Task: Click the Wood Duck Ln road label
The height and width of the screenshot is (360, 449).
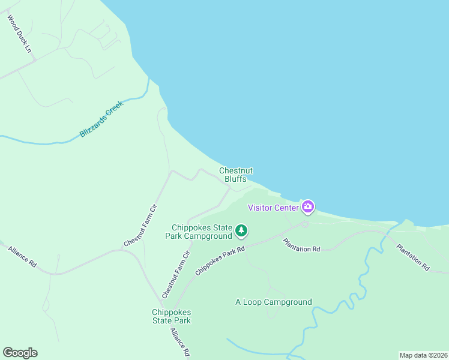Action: point(19,34)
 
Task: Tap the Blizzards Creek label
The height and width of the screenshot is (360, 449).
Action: point(101,119)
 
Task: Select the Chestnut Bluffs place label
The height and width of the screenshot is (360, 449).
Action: point(235,175)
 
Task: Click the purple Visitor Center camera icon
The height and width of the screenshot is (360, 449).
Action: point(308,207)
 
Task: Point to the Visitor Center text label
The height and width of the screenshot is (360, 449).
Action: point(274,208)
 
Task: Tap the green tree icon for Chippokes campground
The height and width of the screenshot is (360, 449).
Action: point(241,230)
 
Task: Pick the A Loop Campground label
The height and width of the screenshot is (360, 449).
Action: point(273,302)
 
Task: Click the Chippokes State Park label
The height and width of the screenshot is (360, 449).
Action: point(171,316)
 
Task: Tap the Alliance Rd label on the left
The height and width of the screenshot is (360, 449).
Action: point(23,257)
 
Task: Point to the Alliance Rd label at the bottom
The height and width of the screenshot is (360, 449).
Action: point(180,342)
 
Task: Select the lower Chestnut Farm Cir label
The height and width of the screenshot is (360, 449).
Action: point(176,275)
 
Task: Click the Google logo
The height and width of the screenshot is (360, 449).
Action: point(20,353)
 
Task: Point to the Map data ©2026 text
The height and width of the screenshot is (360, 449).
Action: point(423,355)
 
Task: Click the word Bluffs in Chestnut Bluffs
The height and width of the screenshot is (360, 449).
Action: point(235,179)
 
